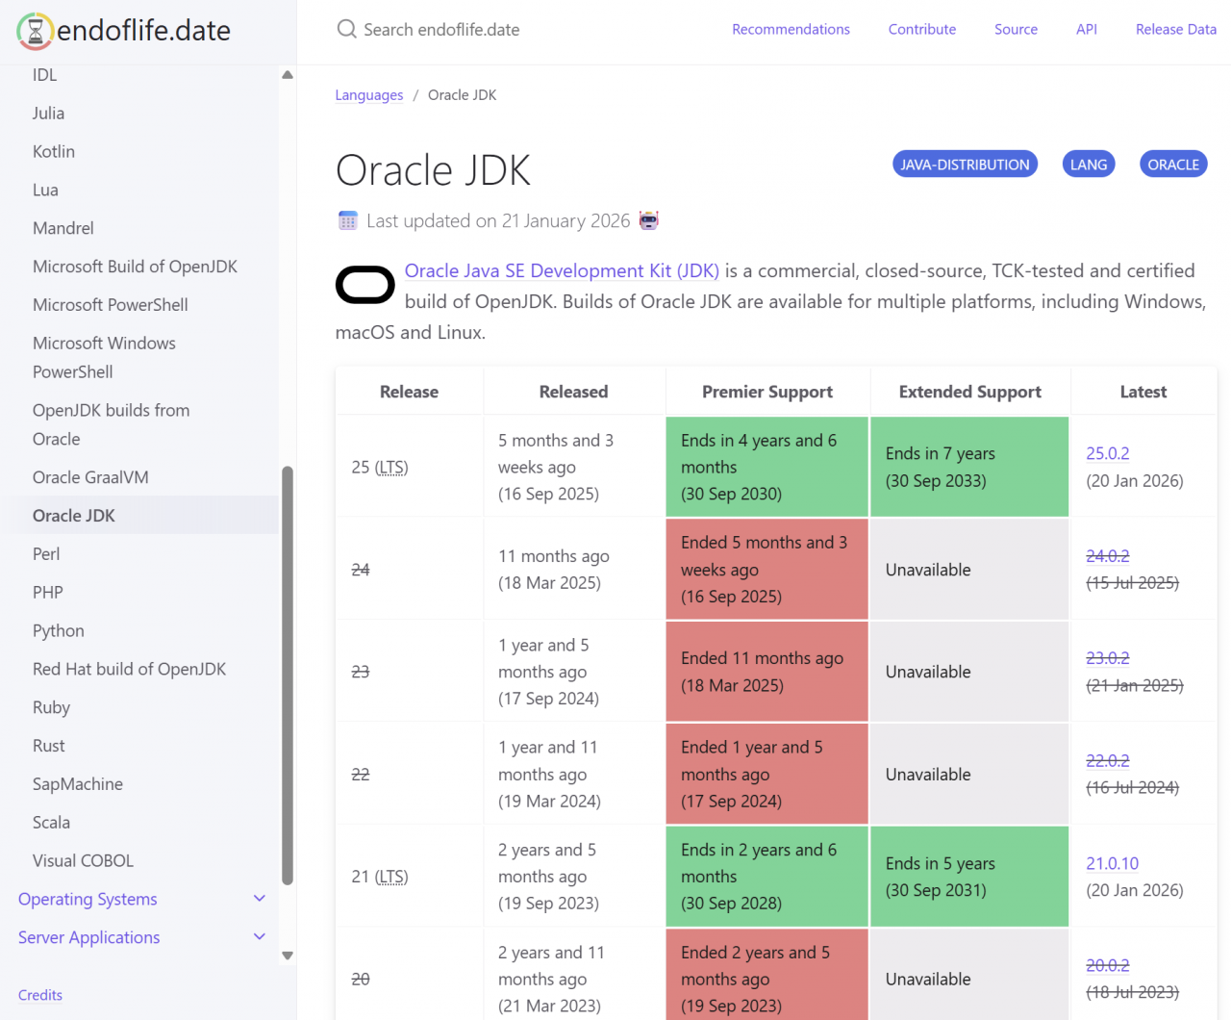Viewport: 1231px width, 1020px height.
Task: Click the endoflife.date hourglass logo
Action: [35, 31]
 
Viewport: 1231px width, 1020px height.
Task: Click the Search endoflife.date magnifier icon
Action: [346, 30]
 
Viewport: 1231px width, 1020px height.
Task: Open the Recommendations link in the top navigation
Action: [791, 30]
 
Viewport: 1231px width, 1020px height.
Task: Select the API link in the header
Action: [1086, 30]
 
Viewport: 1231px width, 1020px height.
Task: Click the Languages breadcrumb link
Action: [369, 95]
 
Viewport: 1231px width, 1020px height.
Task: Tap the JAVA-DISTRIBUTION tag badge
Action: [965, 165]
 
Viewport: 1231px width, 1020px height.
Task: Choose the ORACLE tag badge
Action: [1172, 165]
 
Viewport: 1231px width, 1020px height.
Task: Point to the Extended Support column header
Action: [969, 392]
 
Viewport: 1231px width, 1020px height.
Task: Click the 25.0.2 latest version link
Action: [1107, 453]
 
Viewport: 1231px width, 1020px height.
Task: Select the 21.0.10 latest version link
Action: [1112, 863]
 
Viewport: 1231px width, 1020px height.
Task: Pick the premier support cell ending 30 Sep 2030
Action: [766, 467]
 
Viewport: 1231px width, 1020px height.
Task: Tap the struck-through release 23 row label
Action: [361, 672]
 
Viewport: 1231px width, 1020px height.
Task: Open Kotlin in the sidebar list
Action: [54, 151]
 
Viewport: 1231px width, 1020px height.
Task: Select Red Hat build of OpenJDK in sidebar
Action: [129, 669]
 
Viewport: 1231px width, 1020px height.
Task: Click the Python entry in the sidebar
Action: [59, 630]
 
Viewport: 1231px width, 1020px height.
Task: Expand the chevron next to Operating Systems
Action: [259, 899]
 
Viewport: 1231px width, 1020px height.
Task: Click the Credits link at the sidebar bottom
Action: [40, 995]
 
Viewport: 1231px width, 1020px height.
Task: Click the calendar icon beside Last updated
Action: [348, 220]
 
